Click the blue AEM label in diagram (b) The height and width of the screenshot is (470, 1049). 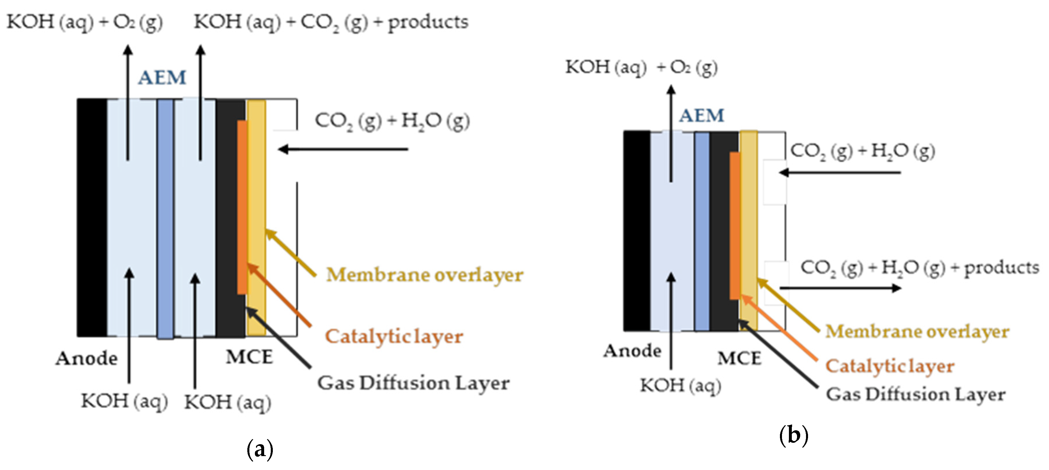pos(701,116)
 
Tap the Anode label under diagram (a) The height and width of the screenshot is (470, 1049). pos(86,358)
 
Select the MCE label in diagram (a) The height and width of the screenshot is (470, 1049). pos(249,357)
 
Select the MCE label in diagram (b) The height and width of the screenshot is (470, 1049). pos(739,358)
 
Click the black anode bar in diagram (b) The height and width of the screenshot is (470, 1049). pos(637,230)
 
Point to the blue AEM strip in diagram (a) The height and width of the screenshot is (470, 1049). pos(165,218)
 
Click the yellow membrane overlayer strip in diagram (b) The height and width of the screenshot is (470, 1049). pos(748,230)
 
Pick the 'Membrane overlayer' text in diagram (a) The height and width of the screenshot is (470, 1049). pos(424,275)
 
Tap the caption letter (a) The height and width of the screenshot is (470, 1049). pos(260,449)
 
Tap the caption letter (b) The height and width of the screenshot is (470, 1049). pos(793,436)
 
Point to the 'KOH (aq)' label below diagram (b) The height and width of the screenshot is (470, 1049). pos(680,385)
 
